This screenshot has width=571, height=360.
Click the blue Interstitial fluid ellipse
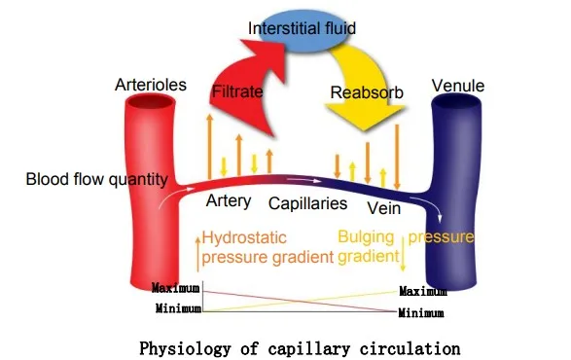click(302, 30)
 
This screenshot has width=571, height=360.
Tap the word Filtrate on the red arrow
click(237, 91)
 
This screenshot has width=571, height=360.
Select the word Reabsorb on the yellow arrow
click(367, 92)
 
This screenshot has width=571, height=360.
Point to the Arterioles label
click(151, 85)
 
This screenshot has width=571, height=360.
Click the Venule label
click(458, 86)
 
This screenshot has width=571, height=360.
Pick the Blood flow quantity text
click(97, 180)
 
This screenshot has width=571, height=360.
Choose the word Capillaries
click(307, 203)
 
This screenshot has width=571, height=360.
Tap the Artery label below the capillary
click(229, 201)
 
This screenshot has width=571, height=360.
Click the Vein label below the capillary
click(384, 208)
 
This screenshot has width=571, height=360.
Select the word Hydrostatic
click(244, 238)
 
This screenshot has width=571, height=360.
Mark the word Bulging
click(366, 238)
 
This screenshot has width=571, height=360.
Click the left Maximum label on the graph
click(176, 288)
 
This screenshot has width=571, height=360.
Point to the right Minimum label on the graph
click(421, 313)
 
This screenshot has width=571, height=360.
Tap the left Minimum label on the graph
click(178, 308)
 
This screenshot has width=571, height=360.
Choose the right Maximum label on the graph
click(423, 291)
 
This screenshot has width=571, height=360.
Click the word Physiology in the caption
click(185, 348)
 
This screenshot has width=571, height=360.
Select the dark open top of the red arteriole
click(151, 101)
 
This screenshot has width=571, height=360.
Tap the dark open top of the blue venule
click(456, 102)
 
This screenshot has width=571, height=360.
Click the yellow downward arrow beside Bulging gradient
click(403, 254)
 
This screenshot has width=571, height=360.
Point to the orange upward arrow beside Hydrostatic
click(197, 255)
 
